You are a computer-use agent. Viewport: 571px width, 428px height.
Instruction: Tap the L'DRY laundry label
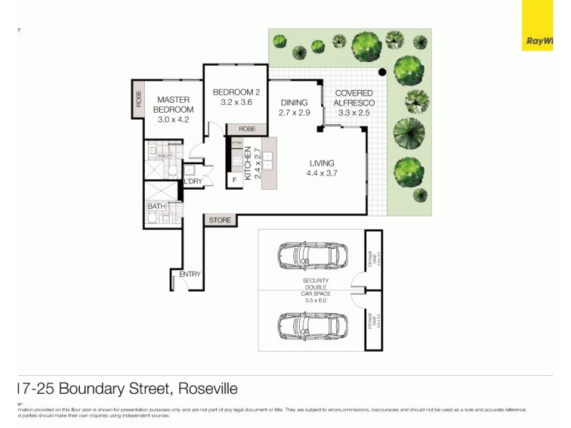(x=193, y=182)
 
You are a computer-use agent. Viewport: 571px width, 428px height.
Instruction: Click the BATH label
(x=156, y=207)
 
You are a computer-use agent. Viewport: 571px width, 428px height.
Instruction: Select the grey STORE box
(x=220, y=220)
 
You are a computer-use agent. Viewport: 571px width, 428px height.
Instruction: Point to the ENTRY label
(x=190, y=274)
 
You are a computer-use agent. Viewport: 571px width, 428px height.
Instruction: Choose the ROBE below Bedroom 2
(x=247, y=129)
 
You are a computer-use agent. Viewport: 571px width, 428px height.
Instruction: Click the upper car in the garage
(x=313, y=254)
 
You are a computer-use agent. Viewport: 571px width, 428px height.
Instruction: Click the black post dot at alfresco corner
(x=383, y=72)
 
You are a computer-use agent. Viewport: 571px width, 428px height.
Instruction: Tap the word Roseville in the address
(x=208, y=389)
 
